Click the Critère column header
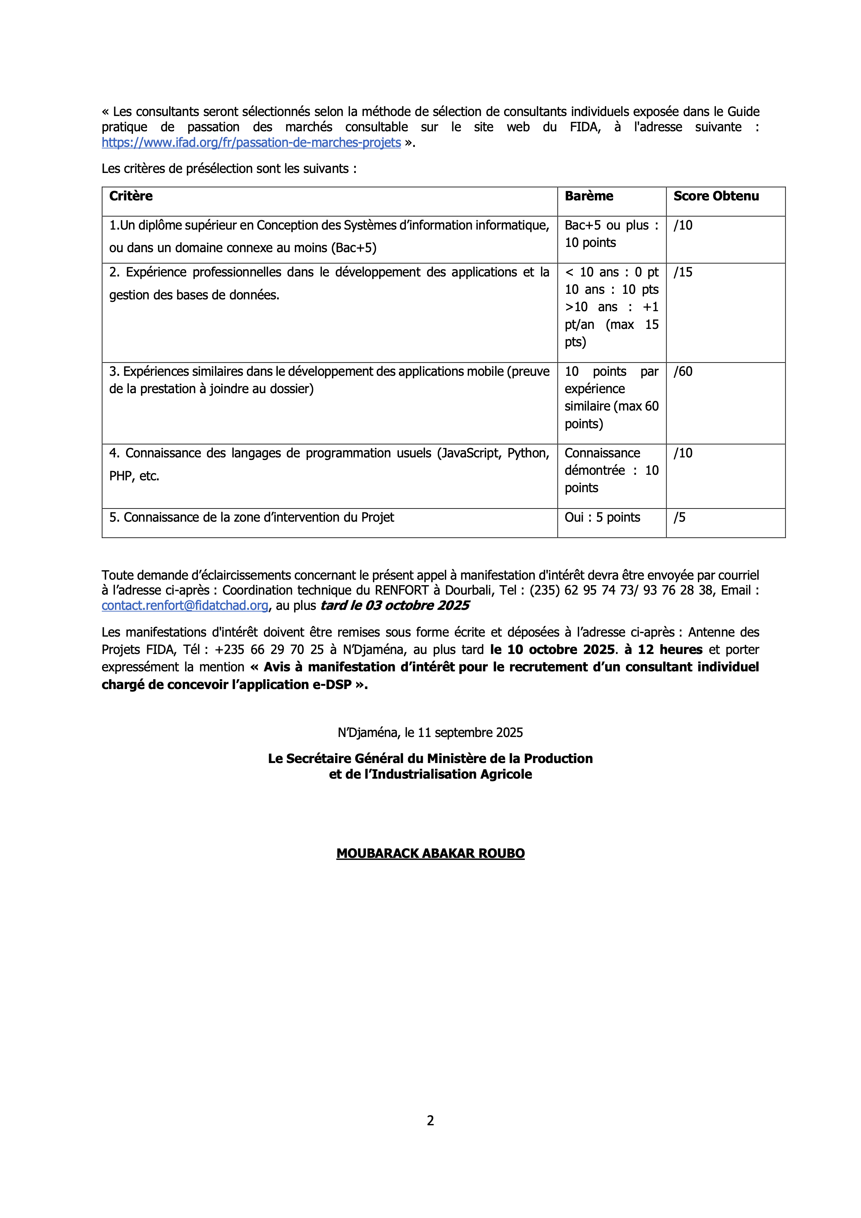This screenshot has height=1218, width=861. (131, 196)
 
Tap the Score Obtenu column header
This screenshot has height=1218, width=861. (716, 196)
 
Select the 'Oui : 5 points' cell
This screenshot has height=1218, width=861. (602, 517)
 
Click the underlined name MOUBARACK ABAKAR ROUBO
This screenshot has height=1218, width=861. (430, 854)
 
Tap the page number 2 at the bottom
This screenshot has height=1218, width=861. (430, 1120)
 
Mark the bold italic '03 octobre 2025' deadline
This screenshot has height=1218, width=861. (417, 605)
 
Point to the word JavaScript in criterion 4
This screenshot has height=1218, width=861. (471, 453)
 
